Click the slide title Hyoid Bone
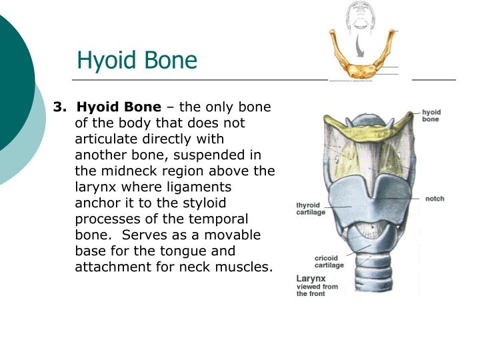(x=137, y=60)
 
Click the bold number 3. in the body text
(x=61, y=107)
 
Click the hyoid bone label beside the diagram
(x=431, y=116)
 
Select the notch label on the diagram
(x=434, y=199)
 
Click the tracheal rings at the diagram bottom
(x=370, y=280)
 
